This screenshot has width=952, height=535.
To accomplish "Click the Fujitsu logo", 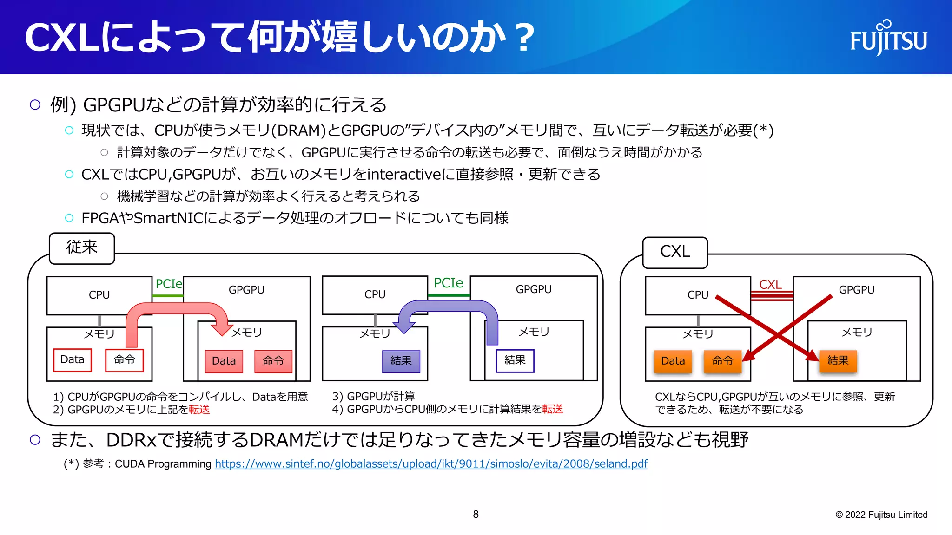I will point(888,38).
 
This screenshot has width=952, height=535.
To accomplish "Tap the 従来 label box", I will point(82,248).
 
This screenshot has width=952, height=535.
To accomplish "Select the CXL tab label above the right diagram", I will point(675,252).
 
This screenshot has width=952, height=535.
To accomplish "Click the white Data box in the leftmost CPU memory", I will point(73,360).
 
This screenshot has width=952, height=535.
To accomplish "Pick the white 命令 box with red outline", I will point(124,360).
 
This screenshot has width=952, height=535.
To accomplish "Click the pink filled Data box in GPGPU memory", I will point(224,361).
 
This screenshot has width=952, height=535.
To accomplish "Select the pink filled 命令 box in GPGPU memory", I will point(273,361).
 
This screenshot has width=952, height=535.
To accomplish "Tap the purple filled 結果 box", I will point(401,361).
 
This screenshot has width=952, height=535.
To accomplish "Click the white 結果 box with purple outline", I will point(515,360).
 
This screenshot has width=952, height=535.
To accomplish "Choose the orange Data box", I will point(673,361).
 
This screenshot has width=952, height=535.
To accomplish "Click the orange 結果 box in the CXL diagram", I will point(838,361).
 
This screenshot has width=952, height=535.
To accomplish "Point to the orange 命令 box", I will point(722,361).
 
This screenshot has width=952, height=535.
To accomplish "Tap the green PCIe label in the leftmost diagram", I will point(169,284).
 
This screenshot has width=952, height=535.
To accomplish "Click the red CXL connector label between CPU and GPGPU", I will point(770,285).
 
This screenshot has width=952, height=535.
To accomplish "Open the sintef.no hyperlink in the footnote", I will point(431,463).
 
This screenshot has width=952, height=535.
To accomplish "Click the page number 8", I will point(476,514).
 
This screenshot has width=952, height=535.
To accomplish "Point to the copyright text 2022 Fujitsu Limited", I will point(881,515).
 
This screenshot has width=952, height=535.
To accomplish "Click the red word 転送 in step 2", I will point(199,409).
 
